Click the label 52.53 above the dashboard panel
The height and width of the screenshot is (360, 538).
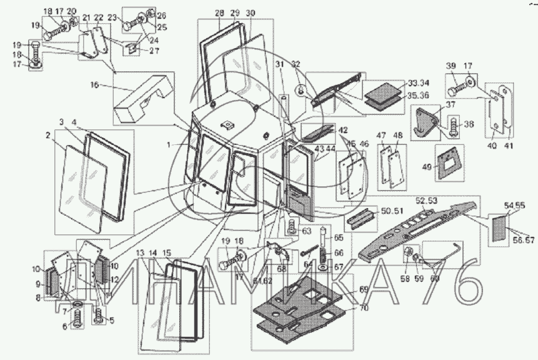pos(426,200)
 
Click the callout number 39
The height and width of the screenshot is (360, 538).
pos(451,66)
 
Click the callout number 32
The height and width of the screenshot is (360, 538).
pos(296,64)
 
